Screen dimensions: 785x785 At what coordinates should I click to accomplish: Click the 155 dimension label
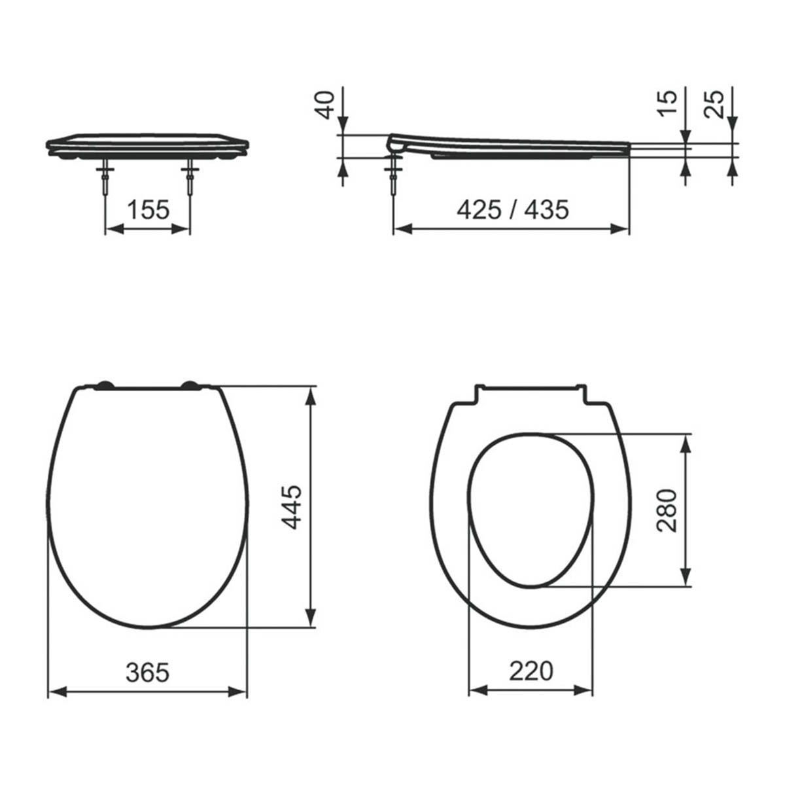pyautogui.click(x=148, y=211)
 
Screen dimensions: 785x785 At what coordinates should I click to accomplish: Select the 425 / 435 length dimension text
pyautogui.click(x=512, y=210)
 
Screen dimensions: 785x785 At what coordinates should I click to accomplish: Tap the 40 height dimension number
pyautogui.click(x=326, y=105)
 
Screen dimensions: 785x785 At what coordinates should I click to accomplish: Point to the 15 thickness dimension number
pyautogui.click(x=666, y=103)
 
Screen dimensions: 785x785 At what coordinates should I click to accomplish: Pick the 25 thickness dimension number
pyautogui.click(x=717, y=103)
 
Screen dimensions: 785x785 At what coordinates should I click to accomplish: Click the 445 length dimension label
pyautogui.click(x=292, y=507)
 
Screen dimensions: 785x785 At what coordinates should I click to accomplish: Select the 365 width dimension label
pyautogui.click(x=147, y=672)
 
